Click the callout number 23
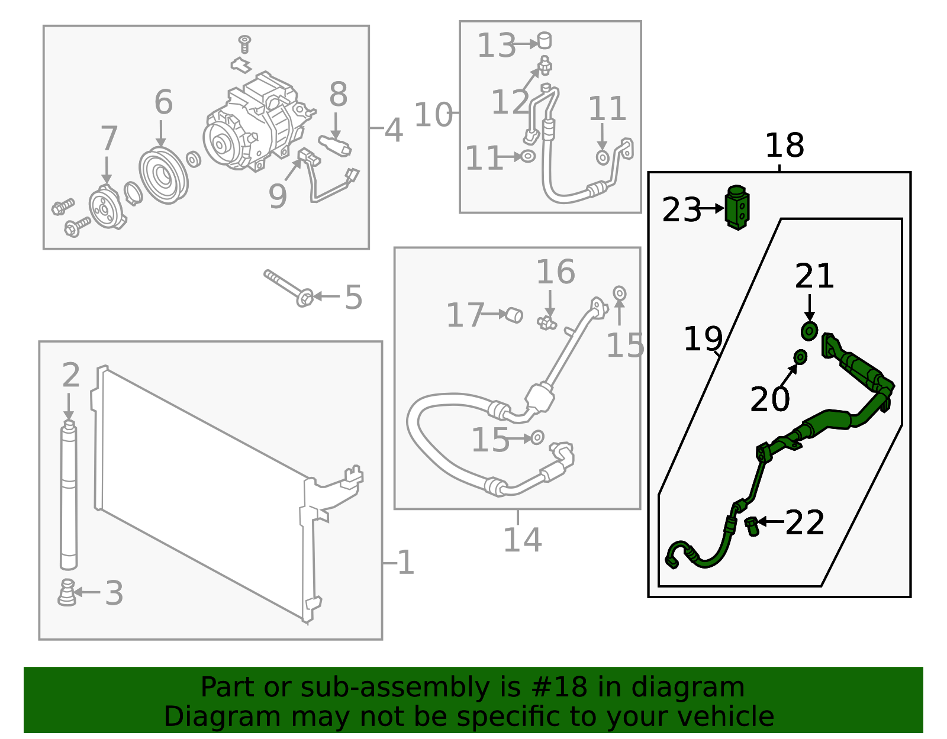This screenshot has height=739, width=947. point(681,209)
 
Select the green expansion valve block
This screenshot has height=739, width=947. point(736,208)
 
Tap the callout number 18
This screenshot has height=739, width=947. point(784,146)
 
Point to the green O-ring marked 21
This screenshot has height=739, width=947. point(809,331)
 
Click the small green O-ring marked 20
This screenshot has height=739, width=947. point(800,357)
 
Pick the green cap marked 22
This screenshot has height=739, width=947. point(752,526)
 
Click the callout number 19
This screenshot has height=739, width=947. point(703,339)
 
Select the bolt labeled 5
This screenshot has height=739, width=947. point(288,288)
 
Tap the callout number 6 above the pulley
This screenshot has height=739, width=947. point(163,102)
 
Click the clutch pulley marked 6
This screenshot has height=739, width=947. point(163,176)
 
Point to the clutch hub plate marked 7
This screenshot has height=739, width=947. point(107,207)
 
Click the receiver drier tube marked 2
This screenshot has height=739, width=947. point(69,495)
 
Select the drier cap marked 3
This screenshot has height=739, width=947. point(67,592)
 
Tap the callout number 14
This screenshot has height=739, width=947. point(523,540)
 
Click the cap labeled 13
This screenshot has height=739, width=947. point(544,41)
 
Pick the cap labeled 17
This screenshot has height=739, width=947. point(514,315)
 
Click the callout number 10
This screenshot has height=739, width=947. point(433,115)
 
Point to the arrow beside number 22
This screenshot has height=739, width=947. point(770,521)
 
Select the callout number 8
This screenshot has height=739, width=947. point(338,95)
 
